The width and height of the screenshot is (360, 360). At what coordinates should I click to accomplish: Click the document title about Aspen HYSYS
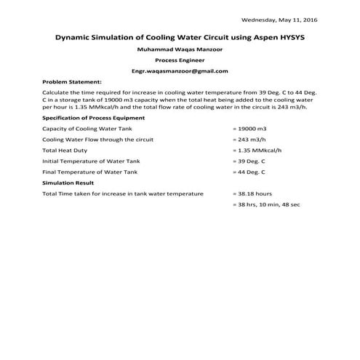[180, 36]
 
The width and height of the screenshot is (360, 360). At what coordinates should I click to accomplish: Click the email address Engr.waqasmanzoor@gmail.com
[180, 71]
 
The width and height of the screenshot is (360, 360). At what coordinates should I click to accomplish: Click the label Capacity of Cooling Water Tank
[87, 128]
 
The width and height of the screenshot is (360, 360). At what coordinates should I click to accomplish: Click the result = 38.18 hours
[252, 194]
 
